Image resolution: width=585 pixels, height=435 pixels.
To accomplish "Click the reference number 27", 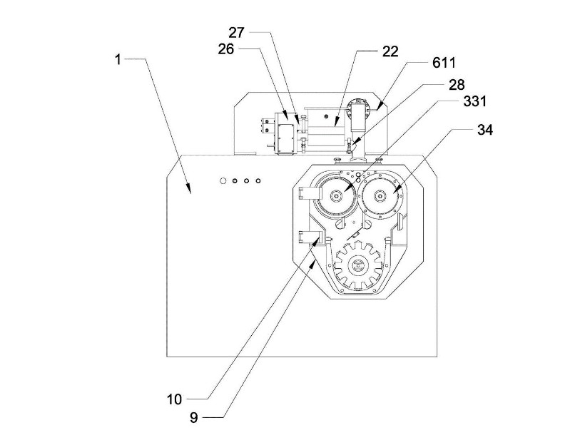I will click(237, 32).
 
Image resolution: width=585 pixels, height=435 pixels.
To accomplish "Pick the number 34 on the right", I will click(465, 130).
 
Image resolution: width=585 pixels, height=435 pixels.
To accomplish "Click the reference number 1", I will click(118, 59).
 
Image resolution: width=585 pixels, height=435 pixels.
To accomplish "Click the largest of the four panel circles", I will click(223, 181).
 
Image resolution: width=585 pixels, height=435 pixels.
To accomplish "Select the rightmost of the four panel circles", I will click(258, 181).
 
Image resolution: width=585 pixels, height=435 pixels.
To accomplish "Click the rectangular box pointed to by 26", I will click(287, 135).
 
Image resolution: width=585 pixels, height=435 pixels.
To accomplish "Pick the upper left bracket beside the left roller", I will click(309, 193).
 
